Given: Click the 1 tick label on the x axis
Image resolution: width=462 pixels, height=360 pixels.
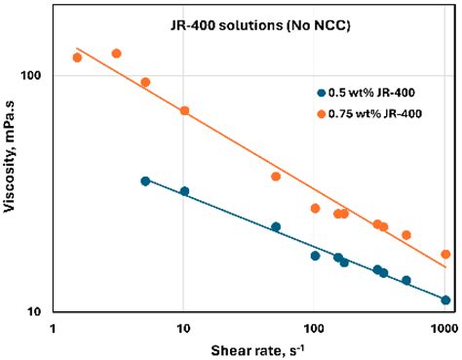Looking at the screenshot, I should point(51,328).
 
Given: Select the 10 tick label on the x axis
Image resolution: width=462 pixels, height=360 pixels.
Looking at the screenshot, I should point(182,328).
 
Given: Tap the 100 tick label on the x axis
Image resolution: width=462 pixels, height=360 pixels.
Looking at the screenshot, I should point(314,328).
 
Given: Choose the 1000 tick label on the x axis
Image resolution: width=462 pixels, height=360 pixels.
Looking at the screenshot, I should point(444,328).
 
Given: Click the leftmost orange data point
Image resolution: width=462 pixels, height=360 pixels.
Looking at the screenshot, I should point(77,58).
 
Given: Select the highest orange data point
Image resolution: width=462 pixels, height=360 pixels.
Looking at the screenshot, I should point(116,54).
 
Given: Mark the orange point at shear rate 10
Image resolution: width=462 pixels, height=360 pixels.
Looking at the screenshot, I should point(184,111).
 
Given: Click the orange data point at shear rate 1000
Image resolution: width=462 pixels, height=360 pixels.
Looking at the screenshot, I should point(445,255).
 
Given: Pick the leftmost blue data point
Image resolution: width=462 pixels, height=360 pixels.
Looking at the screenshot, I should point(145,181).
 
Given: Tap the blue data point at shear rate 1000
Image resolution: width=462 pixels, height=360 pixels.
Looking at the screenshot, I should point(445,300).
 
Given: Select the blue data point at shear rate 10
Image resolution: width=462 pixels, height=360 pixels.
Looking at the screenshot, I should point(184,191).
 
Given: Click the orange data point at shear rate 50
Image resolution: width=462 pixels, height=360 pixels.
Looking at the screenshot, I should point(276,177).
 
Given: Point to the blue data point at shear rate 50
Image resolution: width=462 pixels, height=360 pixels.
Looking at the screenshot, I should point(276,227).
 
